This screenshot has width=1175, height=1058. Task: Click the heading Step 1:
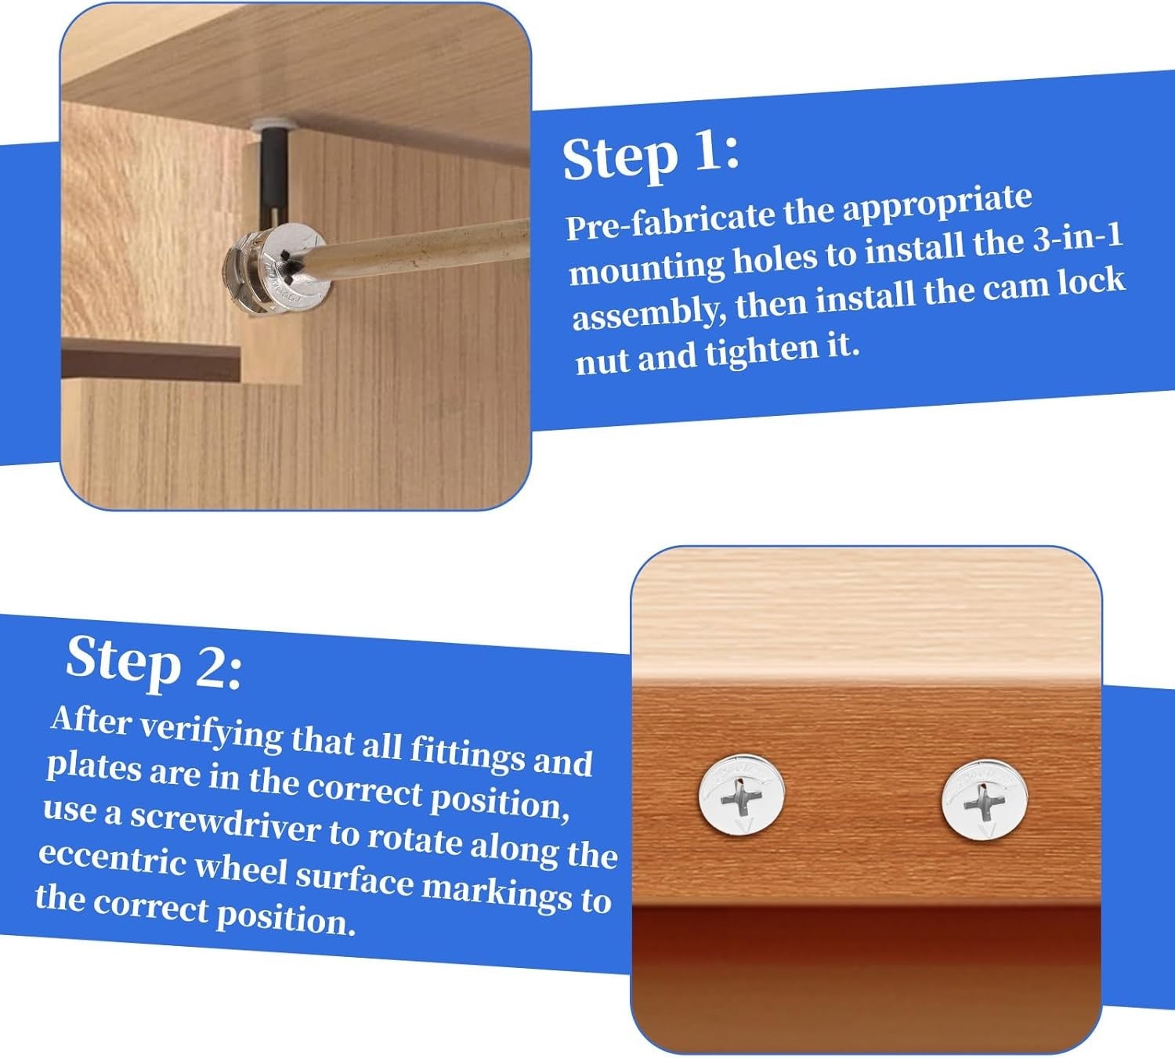pyautogui.click(x=650, y=158)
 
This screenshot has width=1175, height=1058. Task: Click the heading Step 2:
pyautogui.click(x=154, y=664)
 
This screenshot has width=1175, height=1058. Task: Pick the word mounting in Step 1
pyautogui.click(x=647, y=266)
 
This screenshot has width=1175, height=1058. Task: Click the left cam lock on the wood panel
pyautogui.click(x=742, y=794)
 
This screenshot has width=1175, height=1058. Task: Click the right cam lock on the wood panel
pyautogui.click(x=983, y=800)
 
